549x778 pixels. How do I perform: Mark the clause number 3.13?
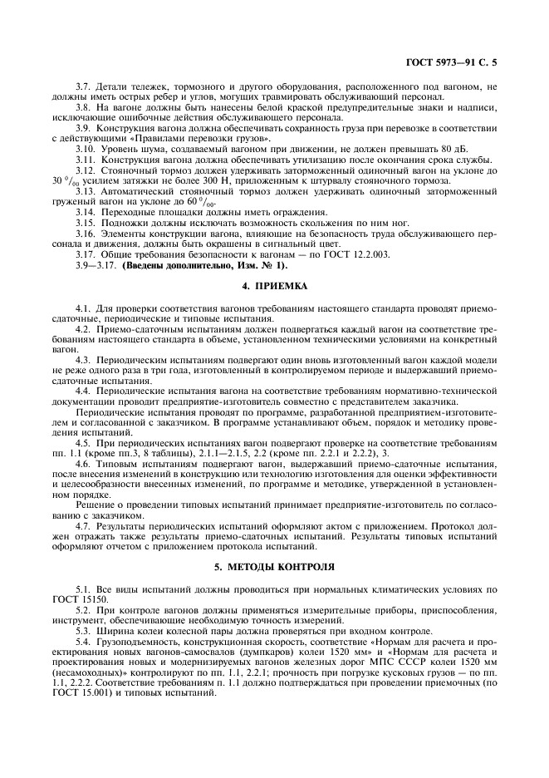pos(86,191)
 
